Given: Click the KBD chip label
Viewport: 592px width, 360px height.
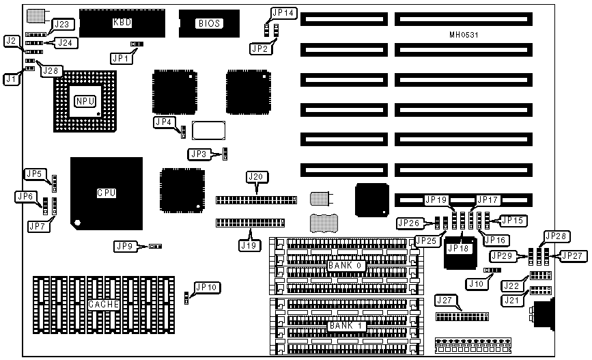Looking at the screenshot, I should [x=122, y=23].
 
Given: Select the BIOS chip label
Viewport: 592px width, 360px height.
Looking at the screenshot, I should [x=209, y=24].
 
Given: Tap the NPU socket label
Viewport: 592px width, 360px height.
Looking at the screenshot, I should [x=85, y=101].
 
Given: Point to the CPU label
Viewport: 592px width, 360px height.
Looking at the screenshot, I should [x=106, y=193].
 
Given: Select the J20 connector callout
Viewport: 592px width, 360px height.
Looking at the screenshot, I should [x=255, y=177].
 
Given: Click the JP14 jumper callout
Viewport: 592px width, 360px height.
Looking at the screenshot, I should [x=283, y=12].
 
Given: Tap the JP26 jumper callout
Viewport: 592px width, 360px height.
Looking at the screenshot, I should [x=408, y=223].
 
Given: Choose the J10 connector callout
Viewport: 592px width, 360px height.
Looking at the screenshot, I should [x=476, y=282].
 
